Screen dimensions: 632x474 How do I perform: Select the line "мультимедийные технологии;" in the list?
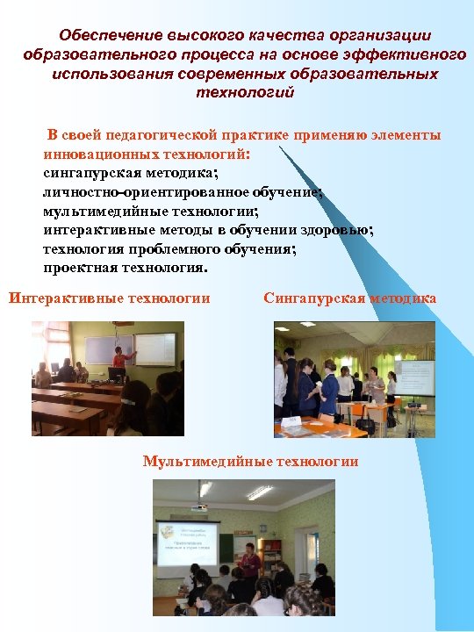pyautogui.click(x=150, y=212)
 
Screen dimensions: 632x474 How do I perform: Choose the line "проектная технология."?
pyautogui.click(x=126, y=268)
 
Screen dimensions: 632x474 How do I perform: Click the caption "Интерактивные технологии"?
pyautogui.click(x=110, y=298)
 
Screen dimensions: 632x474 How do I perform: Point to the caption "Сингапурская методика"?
pyautogui.click(x=349, y=298)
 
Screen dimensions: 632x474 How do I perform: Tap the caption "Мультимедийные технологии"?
pyautogui.click(x=250, y=462)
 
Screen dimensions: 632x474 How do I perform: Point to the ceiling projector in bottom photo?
pyautogui.click(x=201, y=506)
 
